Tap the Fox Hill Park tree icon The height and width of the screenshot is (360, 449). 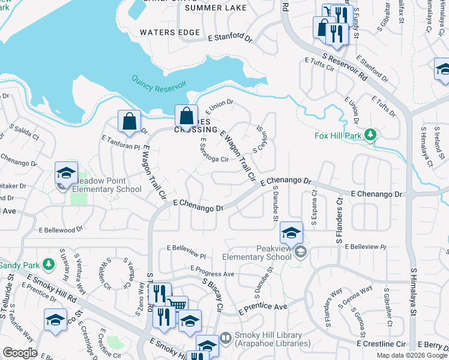[x=372, y=133]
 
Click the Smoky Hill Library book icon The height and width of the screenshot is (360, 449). [x=225, y=337]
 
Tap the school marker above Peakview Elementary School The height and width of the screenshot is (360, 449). [x=291, y=233]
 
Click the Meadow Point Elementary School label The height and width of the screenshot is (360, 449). [x=107, y=185]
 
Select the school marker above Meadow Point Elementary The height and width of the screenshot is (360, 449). [x=66, y=173]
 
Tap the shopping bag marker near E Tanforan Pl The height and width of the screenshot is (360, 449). [x=129, y=121]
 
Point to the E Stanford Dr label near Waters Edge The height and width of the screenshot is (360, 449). [x=230, y=38]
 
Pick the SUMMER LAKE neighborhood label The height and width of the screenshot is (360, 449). [x=208, y=8]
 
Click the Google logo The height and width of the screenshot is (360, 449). [x=20, y=353]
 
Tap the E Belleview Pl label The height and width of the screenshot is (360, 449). [x=187, y=247]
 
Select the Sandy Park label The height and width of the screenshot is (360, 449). [x=19, y=265]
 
